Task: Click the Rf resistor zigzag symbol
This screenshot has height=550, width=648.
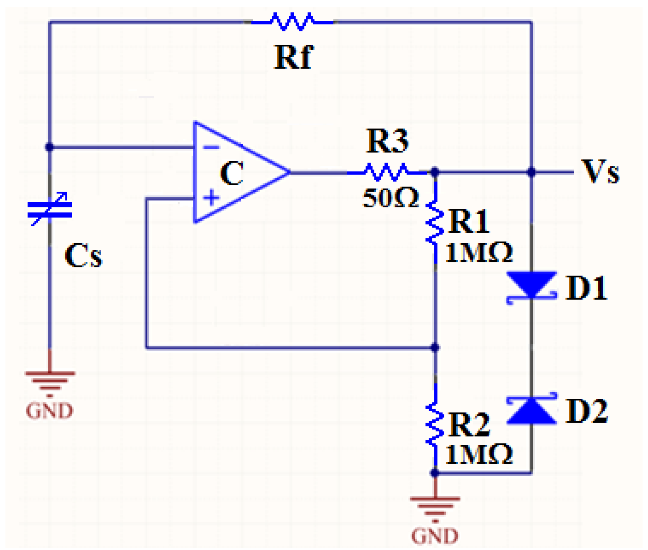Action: click(292, 22)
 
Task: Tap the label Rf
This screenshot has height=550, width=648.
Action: click(293, 57)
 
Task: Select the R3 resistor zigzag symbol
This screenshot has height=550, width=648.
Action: click(386, 172)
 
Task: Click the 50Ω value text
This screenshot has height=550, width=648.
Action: click(390, 198)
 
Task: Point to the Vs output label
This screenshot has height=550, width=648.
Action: click(600, 171)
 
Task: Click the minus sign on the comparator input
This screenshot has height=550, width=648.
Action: click(211, 147)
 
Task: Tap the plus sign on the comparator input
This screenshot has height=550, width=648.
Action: click(211, 198)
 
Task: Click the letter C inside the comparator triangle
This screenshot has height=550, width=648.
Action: click(231, 173)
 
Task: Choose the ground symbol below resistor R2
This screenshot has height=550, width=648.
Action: click(435, 506)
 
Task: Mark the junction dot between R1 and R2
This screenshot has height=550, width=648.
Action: click(435, 347)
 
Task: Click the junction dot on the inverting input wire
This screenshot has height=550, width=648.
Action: click(49, 147)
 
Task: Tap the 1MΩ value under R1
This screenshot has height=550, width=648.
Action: click(478, 252)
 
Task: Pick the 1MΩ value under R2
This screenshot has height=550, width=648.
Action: click(478, 455)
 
